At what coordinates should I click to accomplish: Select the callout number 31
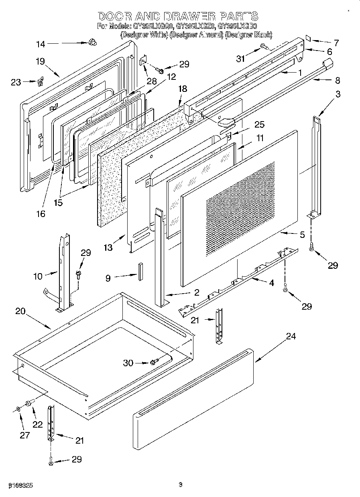coord(240,59)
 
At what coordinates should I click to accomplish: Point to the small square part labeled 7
coord(309,38)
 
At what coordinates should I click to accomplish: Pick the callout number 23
coord(15,82)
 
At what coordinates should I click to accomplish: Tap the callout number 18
coord(183,89)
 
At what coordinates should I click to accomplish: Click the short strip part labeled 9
coord(140,271)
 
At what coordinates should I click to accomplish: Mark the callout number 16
coord(41,214)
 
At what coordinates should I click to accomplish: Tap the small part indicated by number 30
coord(153,363)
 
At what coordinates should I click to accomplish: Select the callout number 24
coord(291,336)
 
